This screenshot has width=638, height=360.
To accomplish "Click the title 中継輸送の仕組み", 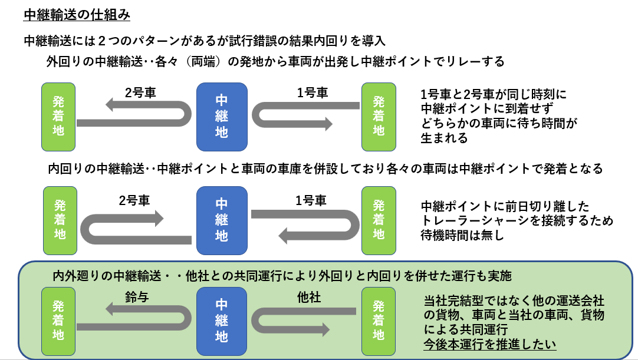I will point(77,15).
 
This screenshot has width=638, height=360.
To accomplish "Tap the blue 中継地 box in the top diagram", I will point(221,116).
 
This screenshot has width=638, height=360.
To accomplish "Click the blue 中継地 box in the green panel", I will point(221,321).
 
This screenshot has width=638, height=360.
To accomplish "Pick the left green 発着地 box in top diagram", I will point(59,116).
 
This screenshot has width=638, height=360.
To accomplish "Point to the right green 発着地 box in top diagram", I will point(379,116).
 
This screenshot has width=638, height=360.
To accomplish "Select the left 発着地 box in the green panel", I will point(59,321).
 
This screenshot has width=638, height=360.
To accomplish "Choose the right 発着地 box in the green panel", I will point(379,321).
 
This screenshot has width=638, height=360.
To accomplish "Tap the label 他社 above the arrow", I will point(308,298).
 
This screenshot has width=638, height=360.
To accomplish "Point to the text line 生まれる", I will point(444,138).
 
